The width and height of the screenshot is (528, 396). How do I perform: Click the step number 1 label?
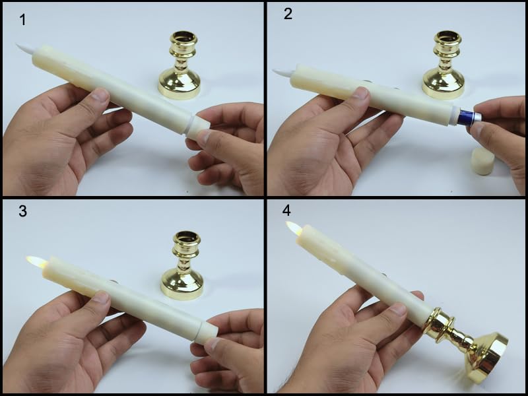(x=22, y=19)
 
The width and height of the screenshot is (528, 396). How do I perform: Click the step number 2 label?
(x=288, y=14)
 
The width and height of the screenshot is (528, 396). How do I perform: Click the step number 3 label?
(x=24, y=213)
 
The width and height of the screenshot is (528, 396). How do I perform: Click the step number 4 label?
(x=286, y=211)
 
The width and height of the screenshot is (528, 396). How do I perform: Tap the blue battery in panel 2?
(x=467, y=117)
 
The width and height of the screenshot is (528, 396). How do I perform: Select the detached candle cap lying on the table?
(x=483, y=160)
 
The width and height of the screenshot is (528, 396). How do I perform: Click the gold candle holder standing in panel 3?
(x=183, y=267)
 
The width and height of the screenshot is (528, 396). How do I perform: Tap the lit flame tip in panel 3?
(x=35, y=261)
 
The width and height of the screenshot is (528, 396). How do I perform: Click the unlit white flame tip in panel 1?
(x=24, y=48)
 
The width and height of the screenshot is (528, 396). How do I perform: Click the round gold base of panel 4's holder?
(x=487, y=356)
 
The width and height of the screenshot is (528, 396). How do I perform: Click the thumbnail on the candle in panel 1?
(x=100, y=96)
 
